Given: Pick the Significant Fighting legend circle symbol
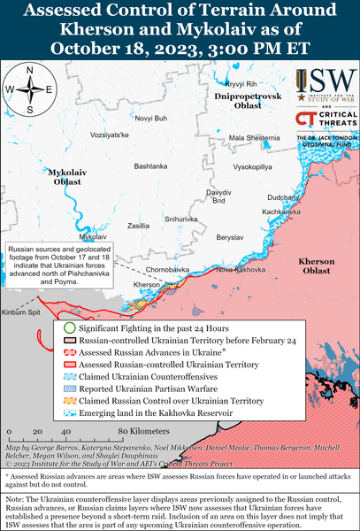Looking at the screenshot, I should pyautogui.click(x=69, y=327).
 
